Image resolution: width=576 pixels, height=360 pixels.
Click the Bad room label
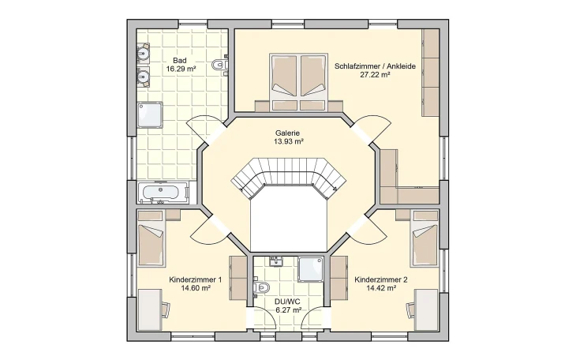coord(179,60)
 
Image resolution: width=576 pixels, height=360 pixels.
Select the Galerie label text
coord(287,133)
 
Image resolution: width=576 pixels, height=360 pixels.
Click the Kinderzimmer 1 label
coord(195,279)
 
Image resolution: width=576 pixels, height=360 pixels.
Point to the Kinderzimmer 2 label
coord(381,279)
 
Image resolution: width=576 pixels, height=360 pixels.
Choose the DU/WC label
coord(288,302)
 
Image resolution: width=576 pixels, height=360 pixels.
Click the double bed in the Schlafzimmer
coord(299,81)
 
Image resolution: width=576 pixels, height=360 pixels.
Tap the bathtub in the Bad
coord(163,191)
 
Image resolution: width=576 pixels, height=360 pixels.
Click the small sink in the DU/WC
coord(276,260)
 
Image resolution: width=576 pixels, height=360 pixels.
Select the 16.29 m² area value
coord(181,69)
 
